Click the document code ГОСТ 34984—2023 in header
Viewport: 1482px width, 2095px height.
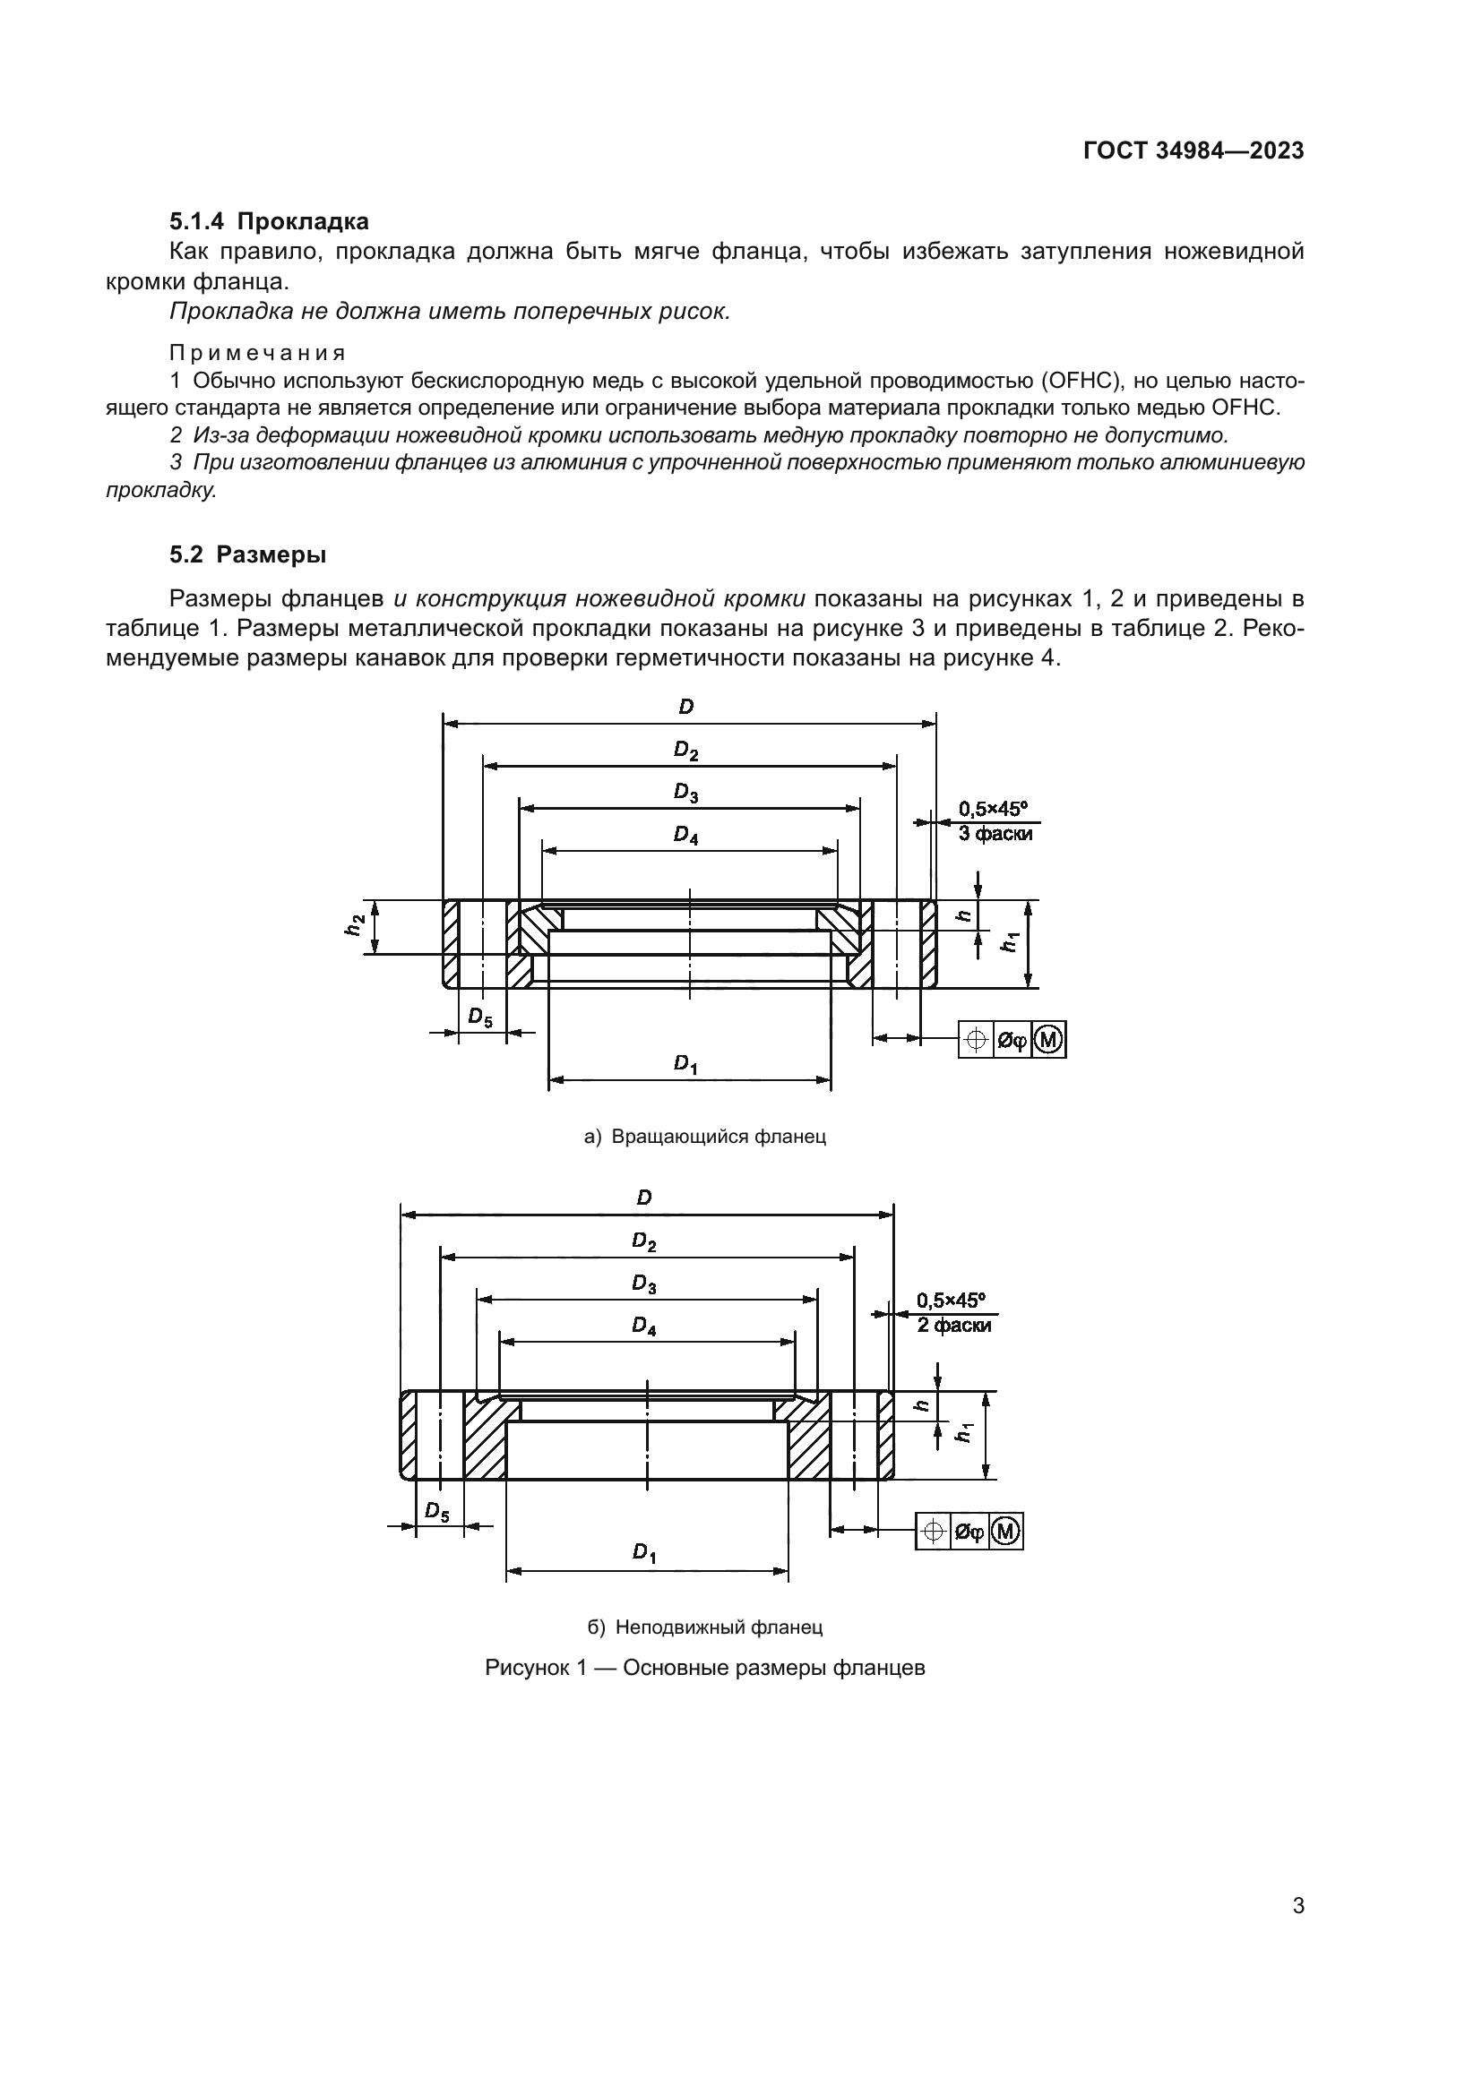pos(1193,151)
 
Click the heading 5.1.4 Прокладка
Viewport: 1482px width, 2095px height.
pos(269,221)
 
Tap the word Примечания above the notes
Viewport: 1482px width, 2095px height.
pos(257,353)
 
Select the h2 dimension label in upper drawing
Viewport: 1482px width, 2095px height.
pos(355,925)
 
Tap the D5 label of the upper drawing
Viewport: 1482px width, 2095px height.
pos(480,1017)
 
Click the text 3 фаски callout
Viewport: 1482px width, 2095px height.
pos(995,834)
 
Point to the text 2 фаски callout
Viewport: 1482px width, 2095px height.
pos(953,1326)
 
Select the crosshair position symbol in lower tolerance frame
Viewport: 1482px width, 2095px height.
pos(934,1531)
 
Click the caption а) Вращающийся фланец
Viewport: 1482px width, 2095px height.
pos(704,1137)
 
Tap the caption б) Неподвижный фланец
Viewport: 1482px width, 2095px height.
pos(704,1627)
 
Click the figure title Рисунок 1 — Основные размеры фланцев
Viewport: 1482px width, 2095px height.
pos(704,1668)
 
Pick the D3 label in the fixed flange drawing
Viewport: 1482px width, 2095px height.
pos(644,1284)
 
